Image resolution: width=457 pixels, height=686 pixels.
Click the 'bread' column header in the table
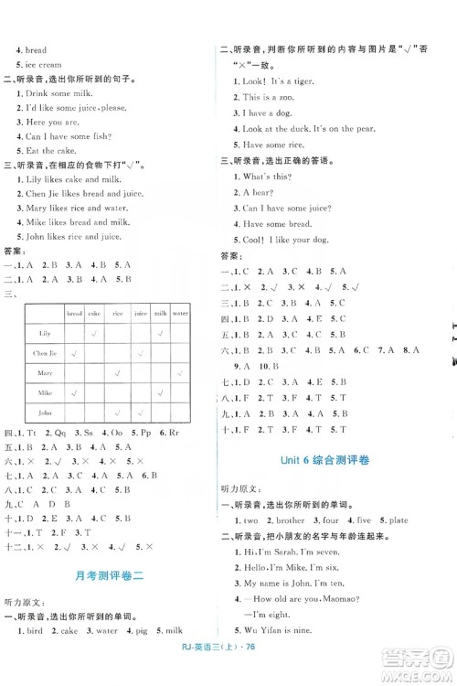75,312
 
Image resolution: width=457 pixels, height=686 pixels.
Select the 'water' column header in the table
180,312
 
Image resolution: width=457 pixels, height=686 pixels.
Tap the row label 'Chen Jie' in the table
45,352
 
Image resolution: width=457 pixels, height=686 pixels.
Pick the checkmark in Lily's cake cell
95,332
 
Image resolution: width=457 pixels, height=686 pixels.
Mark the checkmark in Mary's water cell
180,372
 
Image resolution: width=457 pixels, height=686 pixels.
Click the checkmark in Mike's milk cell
160,392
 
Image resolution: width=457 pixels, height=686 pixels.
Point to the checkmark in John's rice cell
117,413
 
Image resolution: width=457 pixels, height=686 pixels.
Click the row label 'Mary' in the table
45,372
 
